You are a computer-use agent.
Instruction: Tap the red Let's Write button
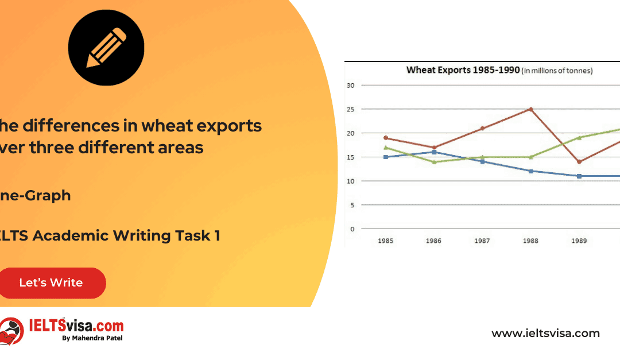pos(51,282)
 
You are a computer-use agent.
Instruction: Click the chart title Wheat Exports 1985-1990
pos(463,71)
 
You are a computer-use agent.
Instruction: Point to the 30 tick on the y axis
pos(350,86)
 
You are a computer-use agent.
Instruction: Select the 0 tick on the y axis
pos(351,229)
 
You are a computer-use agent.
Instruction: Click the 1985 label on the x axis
pos(386,241)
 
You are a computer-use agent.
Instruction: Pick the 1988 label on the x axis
pos(531,241)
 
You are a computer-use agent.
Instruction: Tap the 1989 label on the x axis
pos(579,241)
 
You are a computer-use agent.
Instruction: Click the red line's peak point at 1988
pos(531,109)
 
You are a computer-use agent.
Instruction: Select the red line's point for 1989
pos(579,162)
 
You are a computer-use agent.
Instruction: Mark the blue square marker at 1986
pos(434,152)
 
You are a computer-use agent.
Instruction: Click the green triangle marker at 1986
pos(434,162)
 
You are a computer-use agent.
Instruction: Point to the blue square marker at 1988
pos(531,171)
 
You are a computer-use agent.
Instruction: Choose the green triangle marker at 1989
pos(579,138)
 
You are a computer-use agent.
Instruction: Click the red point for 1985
pos(386,138)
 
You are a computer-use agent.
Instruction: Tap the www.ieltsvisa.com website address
pos(545,333)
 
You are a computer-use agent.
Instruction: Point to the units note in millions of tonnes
pos(557,71)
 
